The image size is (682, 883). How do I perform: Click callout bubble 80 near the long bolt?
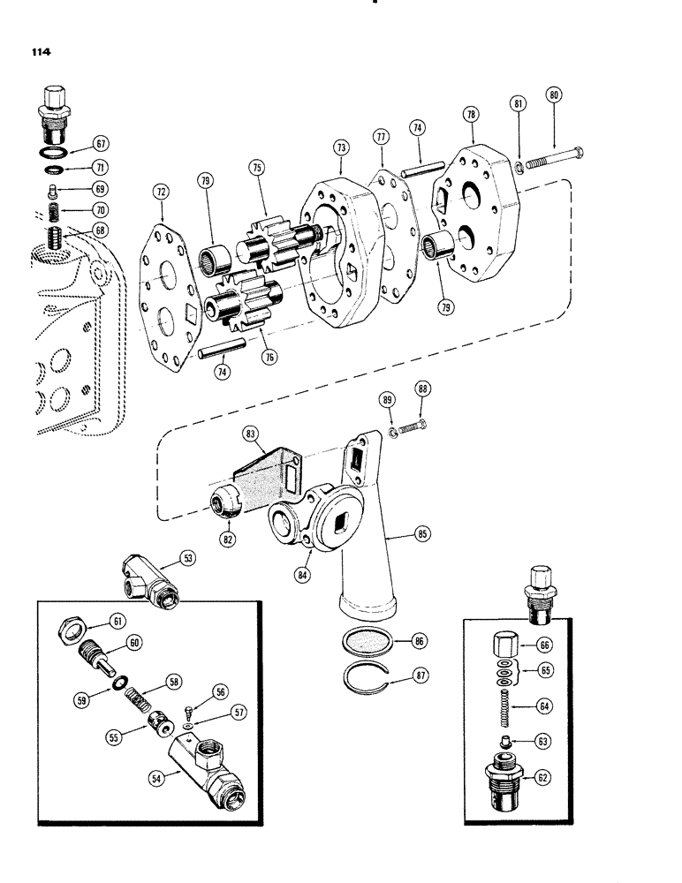[553, 94]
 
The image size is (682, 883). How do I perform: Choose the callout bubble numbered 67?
[102, 143]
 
